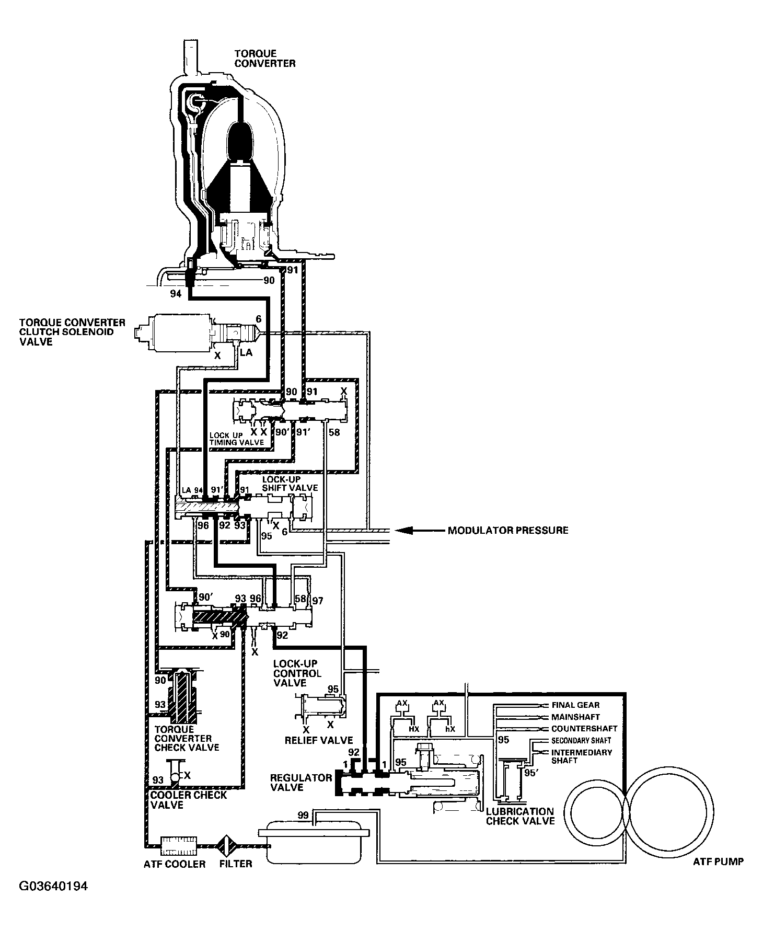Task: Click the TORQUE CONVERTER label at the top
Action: click(x=264, y=58)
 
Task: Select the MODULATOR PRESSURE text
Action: click(x=507, y=531)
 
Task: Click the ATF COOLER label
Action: click(x=175, y=864)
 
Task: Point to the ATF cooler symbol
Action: click(x=179, y=843)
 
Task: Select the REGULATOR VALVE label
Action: click(x=300, y=782)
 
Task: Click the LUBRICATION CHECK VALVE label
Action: click(x=520, y=816)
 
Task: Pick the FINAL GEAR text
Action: click(x=575, y=705)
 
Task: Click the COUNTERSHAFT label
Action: click(x=584, y=728)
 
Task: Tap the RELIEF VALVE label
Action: click(x=319, y=740)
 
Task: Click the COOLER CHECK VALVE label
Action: click(x=188, y=800)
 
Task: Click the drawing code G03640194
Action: click(x=53, y=901)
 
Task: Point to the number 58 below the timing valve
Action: click(x=334, y=432)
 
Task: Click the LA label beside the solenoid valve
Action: click(x=246, y=352)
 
